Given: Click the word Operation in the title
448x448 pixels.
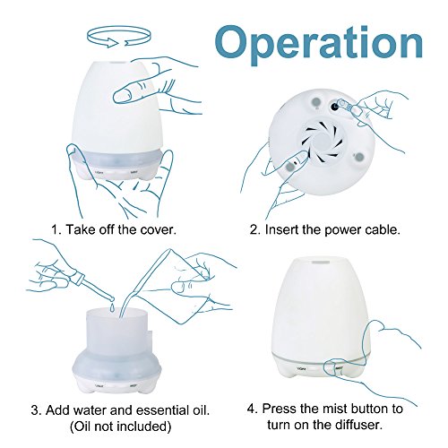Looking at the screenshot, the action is click(x=319, y=44).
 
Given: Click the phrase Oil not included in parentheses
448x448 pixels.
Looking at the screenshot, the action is click(x=120, y=426).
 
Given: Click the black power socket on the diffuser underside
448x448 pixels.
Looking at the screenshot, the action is click(x=334, y=106).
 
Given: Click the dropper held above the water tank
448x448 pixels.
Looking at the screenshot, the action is click(x=90, y=285).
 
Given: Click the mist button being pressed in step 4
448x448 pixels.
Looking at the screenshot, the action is click(x=339, y=368).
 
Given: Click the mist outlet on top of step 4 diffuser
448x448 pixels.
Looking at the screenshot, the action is click(x=321, y=263).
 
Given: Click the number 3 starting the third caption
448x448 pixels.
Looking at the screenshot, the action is click(x=35, y=410).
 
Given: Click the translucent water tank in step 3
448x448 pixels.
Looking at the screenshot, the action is click(x=117, y=332).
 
